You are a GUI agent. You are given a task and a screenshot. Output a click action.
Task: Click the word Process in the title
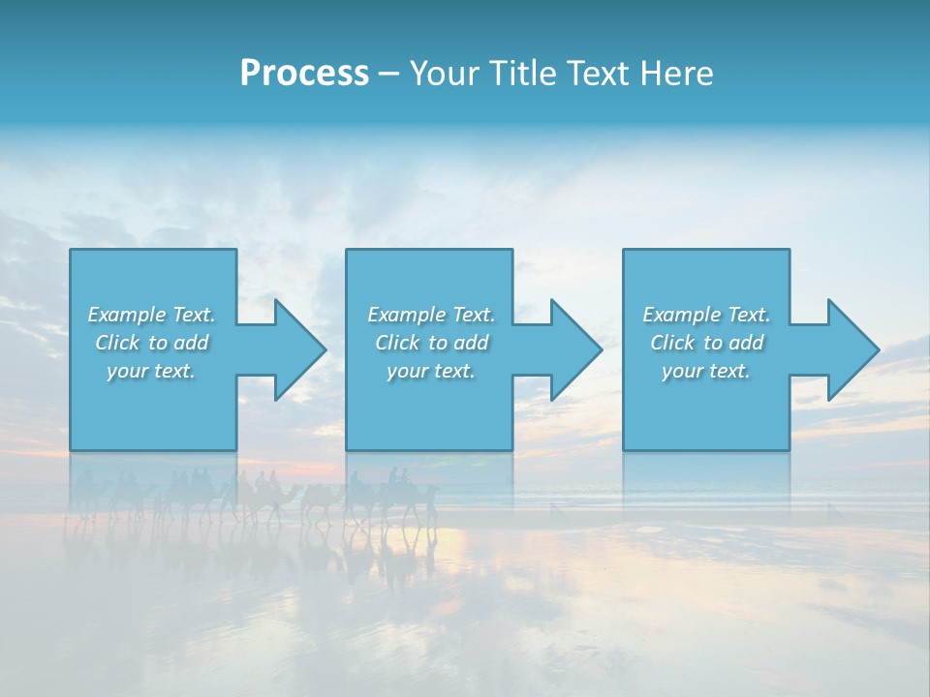point(304,74)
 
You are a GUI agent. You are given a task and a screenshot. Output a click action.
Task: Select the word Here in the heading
point(674,74)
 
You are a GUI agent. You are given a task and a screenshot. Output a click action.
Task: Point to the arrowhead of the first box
point(296,349)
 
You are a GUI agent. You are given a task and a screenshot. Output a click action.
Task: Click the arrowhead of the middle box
point(573,349)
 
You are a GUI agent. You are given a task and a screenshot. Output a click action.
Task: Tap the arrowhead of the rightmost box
point(851,349)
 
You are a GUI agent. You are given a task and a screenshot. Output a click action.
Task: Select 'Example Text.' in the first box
point(151,315)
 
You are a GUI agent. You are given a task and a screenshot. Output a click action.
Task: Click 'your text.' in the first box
point(151,371)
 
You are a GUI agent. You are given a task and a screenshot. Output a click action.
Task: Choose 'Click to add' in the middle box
point(431,343)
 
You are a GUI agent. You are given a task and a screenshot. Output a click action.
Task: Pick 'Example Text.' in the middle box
point(431,315)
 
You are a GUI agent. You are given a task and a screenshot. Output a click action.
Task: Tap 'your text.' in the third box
point(706,371)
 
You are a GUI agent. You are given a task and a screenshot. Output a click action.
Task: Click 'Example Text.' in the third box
point(706,315)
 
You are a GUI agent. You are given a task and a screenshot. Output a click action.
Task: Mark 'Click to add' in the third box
point(706,343)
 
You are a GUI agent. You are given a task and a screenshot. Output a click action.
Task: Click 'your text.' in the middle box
point(431,371)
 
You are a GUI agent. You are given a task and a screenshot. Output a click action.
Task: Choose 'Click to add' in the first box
point(151,343)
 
